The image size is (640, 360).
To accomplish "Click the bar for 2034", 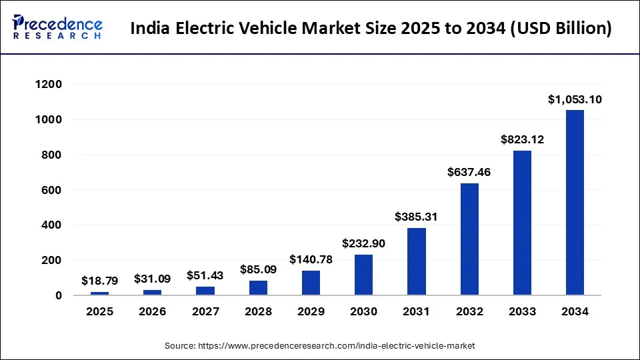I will [x=575, y=203].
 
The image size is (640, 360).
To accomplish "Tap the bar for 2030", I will [x=363, y=275].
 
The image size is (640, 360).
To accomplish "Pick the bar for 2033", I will [x=522, y=223].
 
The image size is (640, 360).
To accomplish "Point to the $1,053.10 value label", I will [x=575, y=99].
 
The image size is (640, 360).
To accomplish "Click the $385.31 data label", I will [x=417, y=217].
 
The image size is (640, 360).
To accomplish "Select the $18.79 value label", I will [x=99, y=281].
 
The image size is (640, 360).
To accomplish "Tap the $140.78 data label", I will [x=311, y=259].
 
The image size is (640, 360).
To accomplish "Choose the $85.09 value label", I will [x=258, y=271].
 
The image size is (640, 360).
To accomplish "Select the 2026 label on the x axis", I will [x=152, y=311].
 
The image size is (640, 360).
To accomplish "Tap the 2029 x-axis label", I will [x=311, y=311].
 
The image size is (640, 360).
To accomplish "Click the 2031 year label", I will [x=417, y=311].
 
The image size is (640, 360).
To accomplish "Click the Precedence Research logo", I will [x=57, y=27].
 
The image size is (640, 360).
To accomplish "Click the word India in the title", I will [x=149, y=29].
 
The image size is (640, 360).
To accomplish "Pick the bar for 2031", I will [x=417, y=261].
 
